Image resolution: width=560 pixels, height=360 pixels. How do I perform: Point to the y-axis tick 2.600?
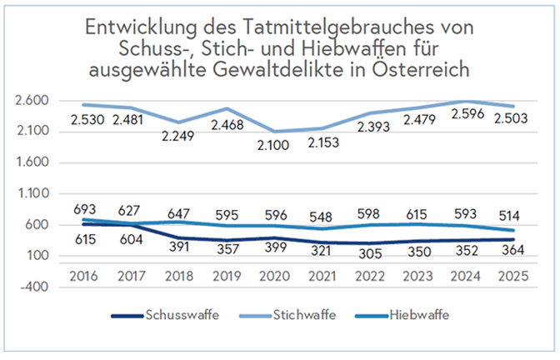[33, 101]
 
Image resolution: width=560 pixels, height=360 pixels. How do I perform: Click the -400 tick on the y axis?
[36, 287]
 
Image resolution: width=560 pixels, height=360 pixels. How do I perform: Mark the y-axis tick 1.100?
[33, 193]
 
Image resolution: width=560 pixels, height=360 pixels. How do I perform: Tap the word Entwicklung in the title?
[137, 25]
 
